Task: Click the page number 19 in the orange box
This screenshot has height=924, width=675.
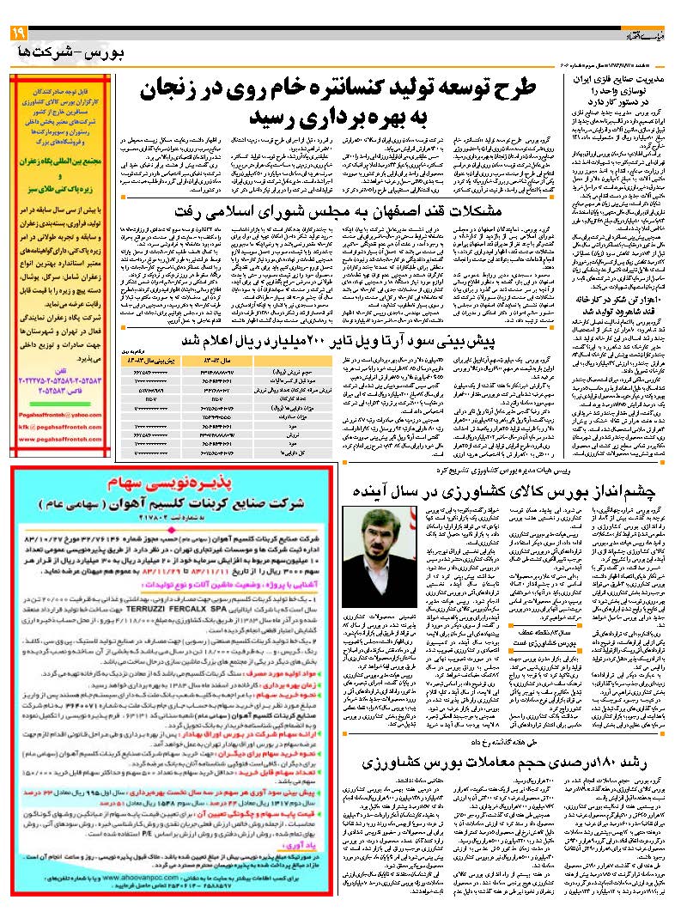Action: tap(19, 33)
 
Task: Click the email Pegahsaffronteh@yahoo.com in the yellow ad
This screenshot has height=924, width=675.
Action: tap(59, 414)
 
